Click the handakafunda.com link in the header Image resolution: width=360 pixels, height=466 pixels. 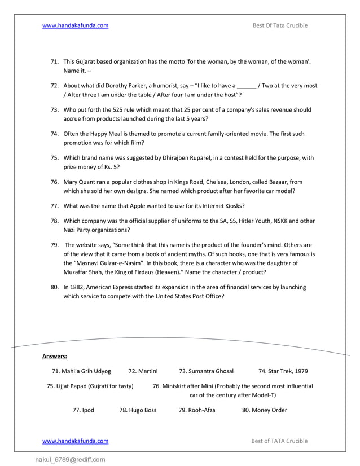click(x=76, y=25)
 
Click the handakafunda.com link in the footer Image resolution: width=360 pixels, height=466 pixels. click(x=76, y=441)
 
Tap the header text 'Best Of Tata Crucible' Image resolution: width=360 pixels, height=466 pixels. click(x=280, y=25)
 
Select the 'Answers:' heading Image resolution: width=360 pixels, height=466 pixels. click(x=55, y=356)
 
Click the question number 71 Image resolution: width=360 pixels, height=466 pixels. click(x=55, y=61)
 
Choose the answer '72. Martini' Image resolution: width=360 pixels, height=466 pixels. click(x=143, y=371)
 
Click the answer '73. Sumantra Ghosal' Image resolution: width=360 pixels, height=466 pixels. click(x=206, y=371)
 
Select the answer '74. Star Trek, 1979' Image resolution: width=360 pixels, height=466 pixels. click(x=283, y=371)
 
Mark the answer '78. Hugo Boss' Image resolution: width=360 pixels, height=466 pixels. click(x=138, y=410)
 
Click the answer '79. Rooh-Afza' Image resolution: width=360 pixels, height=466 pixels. click(x=197, y=410)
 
